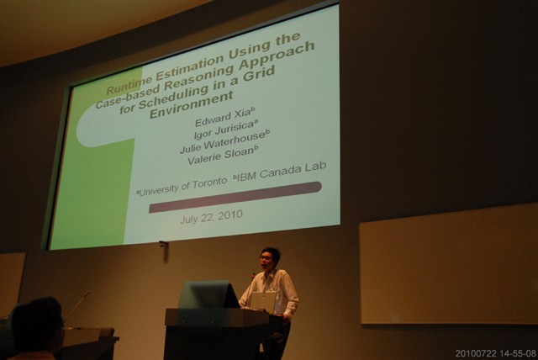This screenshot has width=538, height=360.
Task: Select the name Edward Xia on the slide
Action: coord(225,117)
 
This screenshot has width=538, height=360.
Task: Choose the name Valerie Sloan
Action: coord(223,155)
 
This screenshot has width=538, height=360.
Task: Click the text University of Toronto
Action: coord(182,187)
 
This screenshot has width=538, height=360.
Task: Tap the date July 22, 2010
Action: coord(211,216)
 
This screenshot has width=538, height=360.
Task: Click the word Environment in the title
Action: coord(192,104)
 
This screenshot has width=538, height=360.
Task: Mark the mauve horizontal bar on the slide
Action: coord(235,197)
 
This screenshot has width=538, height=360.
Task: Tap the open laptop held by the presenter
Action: coord(263,300)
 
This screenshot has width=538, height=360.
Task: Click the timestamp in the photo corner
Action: coord(495,353)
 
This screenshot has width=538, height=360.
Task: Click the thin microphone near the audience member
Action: coord(76,305)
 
